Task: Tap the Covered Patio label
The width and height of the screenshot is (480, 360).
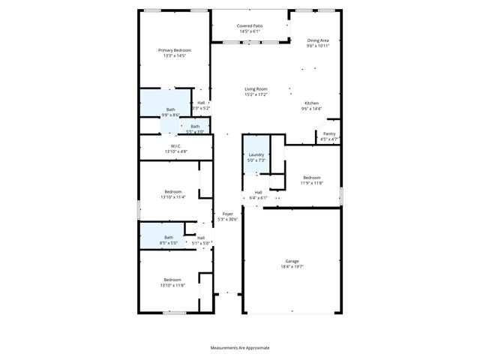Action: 250,25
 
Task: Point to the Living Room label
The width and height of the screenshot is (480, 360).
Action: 256,89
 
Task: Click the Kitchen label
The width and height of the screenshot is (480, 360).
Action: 311,103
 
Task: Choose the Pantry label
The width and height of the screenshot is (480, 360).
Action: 329,133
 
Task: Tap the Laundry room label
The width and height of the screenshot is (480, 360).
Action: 256,154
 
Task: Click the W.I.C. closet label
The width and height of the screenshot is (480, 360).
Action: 176,146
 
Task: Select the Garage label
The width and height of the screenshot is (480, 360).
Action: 291,261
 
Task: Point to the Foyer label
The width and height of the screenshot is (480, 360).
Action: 227,214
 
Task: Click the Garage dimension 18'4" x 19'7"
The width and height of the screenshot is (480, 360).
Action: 291,266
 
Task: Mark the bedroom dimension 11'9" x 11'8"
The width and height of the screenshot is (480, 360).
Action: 312,183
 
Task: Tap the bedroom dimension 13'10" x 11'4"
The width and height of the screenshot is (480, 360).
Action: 172,197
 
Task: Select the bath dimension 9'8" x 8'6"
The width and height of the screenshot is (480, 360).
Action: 170,115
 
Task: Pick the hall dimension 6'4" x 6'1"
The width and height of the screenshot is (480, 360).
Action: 258,198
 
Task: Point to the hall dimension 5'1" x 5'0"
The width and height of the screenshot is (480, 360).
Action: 201,243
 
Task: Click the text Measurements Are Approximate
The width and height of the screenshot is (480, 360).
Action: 239,348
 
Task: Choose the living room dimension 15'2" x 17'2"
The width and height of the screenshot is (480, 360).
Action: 256,94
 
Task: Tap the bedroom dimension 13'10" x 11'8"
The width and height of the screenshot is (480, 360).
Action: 172,285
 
